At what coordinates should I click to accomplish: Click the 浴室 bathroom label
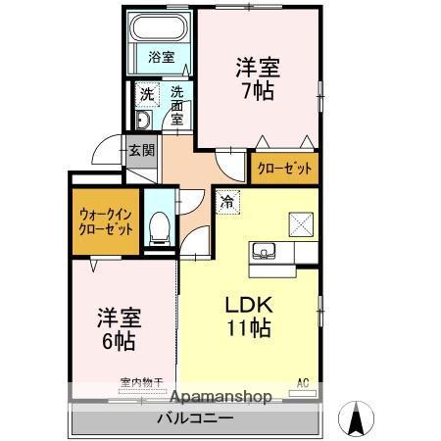click(162, 58)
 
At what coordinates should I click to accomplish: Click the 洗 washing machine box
click(145, 95)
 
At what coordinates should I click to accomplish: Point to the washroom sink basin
click(143, 121)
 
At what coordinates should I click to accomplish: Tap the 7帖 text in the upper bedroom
click(257, 91)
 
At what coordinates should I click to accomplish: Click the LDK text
click(250, 304)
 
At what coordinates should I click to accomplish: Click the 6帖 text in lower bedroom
click(118, 343)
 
